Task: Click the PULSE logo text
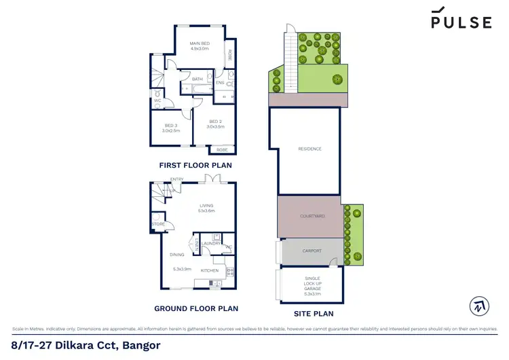click(x=461, y=22)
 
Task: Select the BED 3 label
click(x=172, y=126)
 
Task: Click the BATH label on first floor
click(x=197, y=79)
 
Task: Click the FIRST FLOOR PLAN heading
click(x=195, y=165)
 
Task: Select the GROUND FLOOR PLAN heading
click(x=196, y=308)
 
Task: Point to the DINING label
click(x=176, y=255)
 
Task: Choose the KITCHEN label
click(x=210, y=270)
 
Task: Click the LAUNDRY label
click(x=210, y=242)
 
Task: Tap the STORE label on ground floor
click(x=158, y=223)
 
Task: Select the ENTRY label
click(x=177, y=179)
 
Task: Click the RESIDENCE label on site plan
click(x=309, y=149)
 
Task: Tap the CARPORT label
click(x=312, y=250)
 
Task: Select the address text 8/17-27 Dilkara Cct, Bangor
click(x=86, y=345)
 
